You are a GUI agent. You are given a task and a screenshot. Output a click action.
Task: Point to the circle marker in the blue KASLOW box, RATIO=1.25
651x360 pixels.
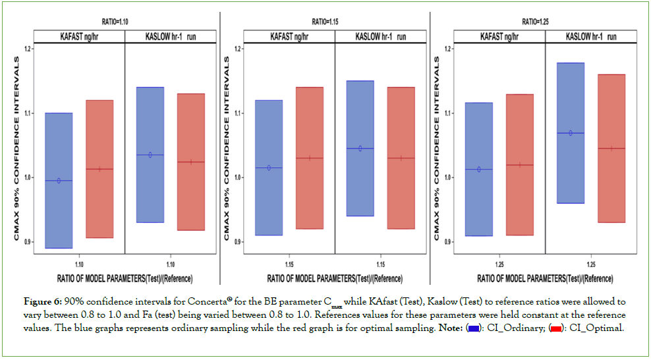571,133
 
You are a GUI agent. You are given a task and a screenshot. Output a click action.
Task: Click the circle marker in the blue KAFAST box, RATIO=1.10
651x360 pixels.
59,181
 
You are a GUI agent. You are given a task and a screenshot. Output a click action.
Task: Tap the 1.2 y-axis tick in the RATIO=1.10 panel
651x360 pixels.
28,49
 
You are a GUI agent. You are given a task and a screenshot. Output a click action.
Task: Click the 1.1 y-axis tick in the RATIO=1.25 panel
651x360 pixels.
449,113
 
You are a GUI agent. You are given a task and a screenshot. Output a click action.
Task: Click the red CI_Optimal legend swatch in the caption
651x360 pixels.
555,328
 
